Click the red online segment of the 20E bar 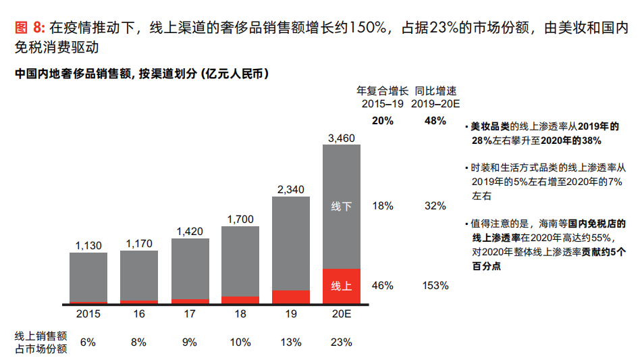(x=341, y=286)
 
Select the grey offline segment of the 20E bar (x=341, y=207)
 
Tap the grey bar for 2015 (x=88, y=277)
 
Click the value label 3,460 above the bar (x=341, y=138)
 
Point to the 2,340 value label (x=290, y=190)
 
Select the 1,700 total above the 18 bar (x=240, y=219)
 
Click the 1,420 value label (x=190, y=232)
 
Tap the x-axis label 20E (x=341, y=315)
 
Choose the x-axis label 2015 (x=88, y=315)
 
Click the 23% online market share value (x=341, y=342)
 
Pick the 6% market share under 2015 (x=88, y=342)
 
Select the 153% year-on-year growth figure (x=435, y=286)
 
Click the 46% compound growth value (x=382, y=286)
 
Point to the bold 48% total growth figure (x=435, y=121)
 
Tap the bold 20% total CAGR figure (x=382, y=121)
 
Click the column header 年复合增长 (x=382, y=91)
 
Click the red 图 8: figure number (x=30, y=28)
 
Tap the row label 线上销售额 (x=41, y=335)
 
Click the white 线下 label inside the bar (x=341, y=207)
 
